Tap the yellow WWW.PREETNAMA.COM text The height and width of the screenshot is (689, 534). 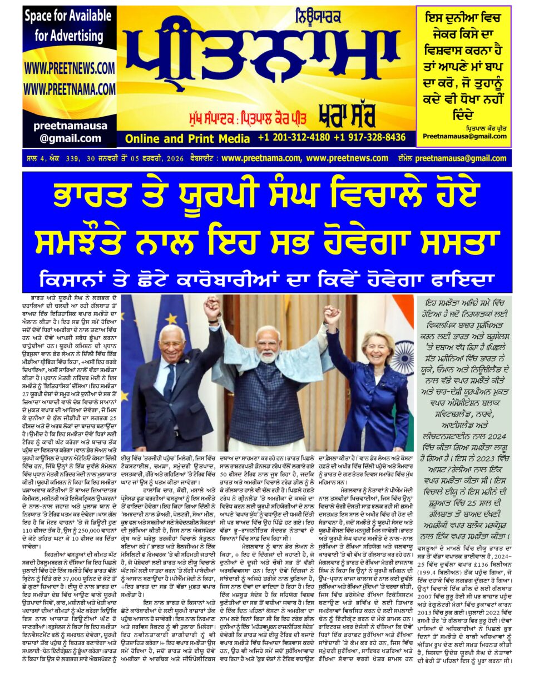point(69,89)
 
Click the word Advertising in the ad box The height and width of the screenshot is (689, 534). point(69,37)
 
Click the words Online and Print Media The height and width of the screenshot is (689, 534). point(187,138)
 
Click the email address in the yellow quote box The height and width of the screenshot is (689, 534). point(464,136)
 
